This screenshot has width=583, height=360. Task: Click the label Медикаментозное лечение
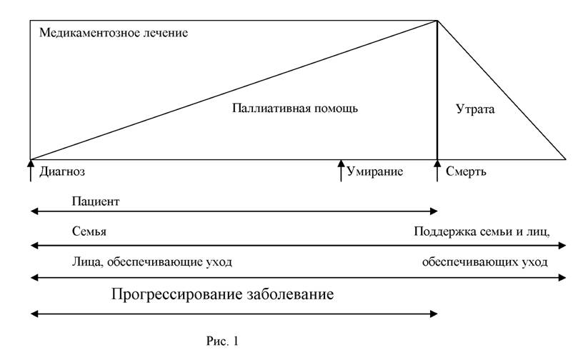pos(114,33)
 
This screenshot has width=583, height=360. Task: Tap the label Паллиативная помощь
pos(295,109)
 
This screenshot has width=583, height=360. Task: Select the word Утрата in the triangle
pos(475,109)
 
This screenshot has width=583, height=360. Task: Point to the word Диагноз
pos(62,171)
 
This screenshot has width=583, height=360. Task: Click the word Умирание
pos(375,171)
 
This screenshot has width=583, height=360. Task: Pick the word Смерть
pos(466,171)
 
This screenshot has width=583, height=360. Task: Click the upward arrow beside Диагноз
pos(31,170)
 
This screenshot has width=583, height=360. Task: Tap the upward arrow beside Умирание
pos(341,170)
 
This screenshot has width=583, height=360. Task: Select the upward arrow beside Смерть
pos(437,170)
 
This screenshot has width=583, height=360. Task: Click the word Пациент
pos(96,201)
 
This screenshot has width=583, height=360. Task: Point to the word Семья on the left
pos(89,231)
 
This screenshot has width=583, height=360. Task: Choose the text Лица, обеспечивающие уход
pos(151,262)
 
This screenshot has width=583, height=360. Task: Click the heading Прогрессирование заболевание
pos(222,294)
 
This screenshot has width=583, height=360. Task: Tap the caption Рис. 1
pos(222,341)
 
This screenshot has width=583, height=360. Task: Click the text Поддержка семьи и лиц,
pos(482,231)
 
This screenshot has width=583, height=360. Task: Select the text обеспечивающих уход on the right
pos(485,262)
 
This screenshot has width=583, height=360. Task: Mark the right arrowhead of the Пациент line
pos(434,211)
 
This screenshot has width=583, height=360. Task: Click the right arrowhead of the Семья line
pos(562,246)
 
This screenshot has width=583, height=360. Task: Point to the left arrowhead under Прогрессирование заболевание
pos(34,314)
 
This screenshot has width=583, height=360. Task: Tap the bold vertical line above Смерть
pos(437,90)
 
